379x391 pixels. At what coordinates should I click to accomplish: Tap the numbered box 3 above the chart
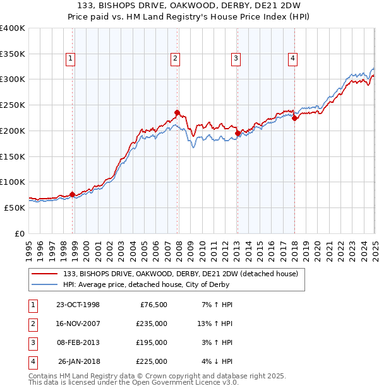point(236,59)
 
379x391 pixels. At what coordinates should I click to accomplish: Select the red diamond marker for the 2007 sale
point(177,113)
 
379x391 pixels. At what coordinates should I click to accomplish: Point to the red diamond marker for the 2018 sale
point(294,118)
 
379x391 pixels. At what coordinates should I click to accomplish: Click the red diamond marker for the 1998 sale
point(72,194)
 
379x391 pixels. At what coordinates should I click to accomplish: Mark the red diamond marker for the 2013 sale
point(238,133)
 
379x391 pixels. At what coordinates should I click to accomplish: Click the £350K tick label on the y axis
point(13,54)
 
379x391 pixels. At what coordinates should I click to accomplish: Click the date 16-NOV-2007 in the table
point(78,324)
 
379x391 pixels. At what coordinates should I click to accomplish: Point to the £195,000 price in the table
point(151,342)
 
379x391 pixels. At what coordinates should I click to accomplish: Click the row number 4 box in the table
point(32,361)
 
